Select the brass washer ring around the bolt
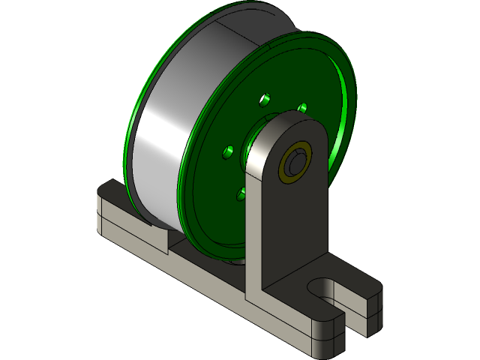(x=286, y=170)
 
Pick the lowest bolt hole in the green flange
(x=241, y=194)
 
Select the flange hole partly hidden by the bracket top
(x=302, y=108)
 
